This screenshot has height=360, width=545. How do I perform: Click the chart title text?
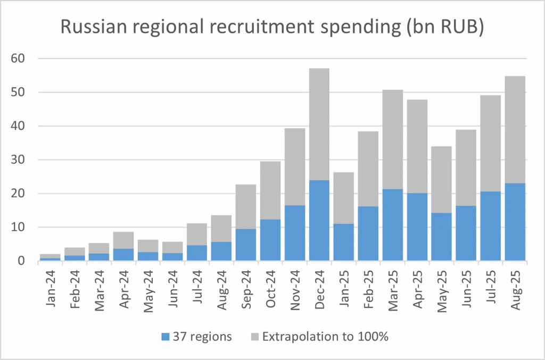click(x=272, y=28)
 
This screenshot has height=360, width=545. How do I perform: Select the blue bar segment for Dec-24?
click(x=319, y=221)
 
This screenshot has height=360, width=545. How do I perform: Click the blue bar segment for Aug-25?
click(x=515, y=222)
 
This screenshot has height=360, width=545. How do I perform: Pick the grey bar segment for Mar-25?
click(x=393, y=139)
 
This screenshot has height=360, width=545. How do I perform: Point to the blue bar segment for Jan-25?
click(x=344, y=242)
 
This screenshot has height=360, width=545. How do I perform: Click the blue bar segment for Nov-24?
click(x=295, y=233)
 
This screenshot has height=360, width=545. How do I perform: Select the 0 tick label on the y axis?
click(x=21, y=261)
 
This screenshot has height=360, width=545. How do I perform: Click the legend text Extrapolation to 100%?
click(x=325, y=336)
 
